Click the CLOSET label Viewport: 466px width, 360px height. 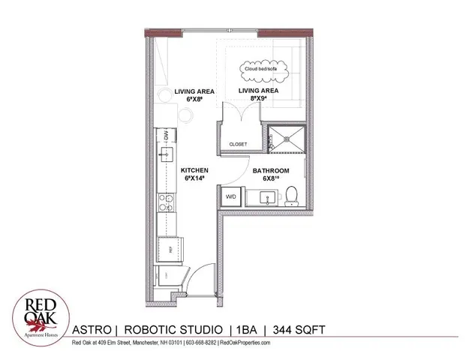click(x=238, y=143)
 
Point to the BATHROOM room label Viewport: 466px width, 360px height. click(x=271, y=170)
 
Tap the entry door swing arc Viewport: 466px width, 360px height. click(x=197, y=286)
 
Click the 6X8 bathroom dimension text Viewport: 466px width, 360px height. click(x=270, y=180)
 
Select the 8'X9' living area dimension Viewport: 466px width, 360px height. click(x=258, y=99)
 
